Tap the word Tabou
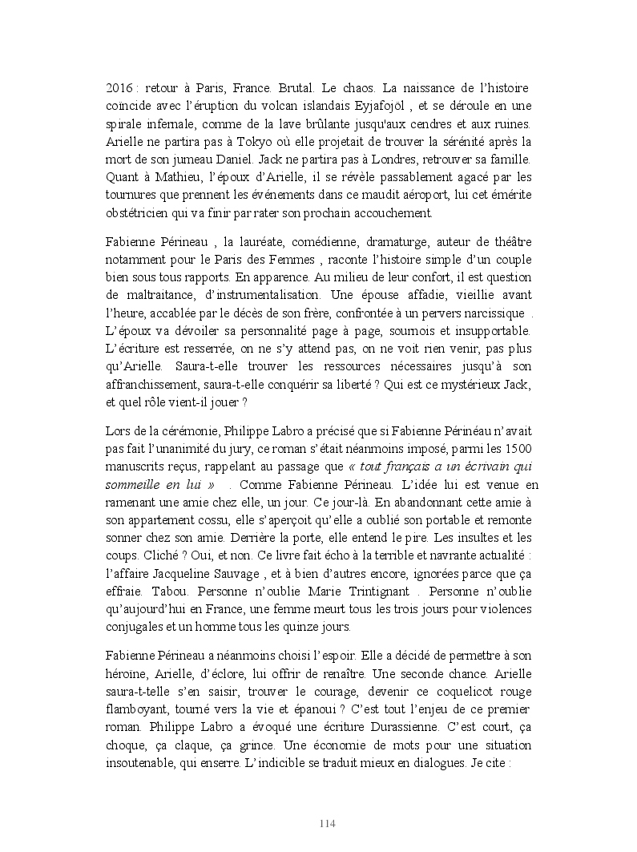click(163, 590)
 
